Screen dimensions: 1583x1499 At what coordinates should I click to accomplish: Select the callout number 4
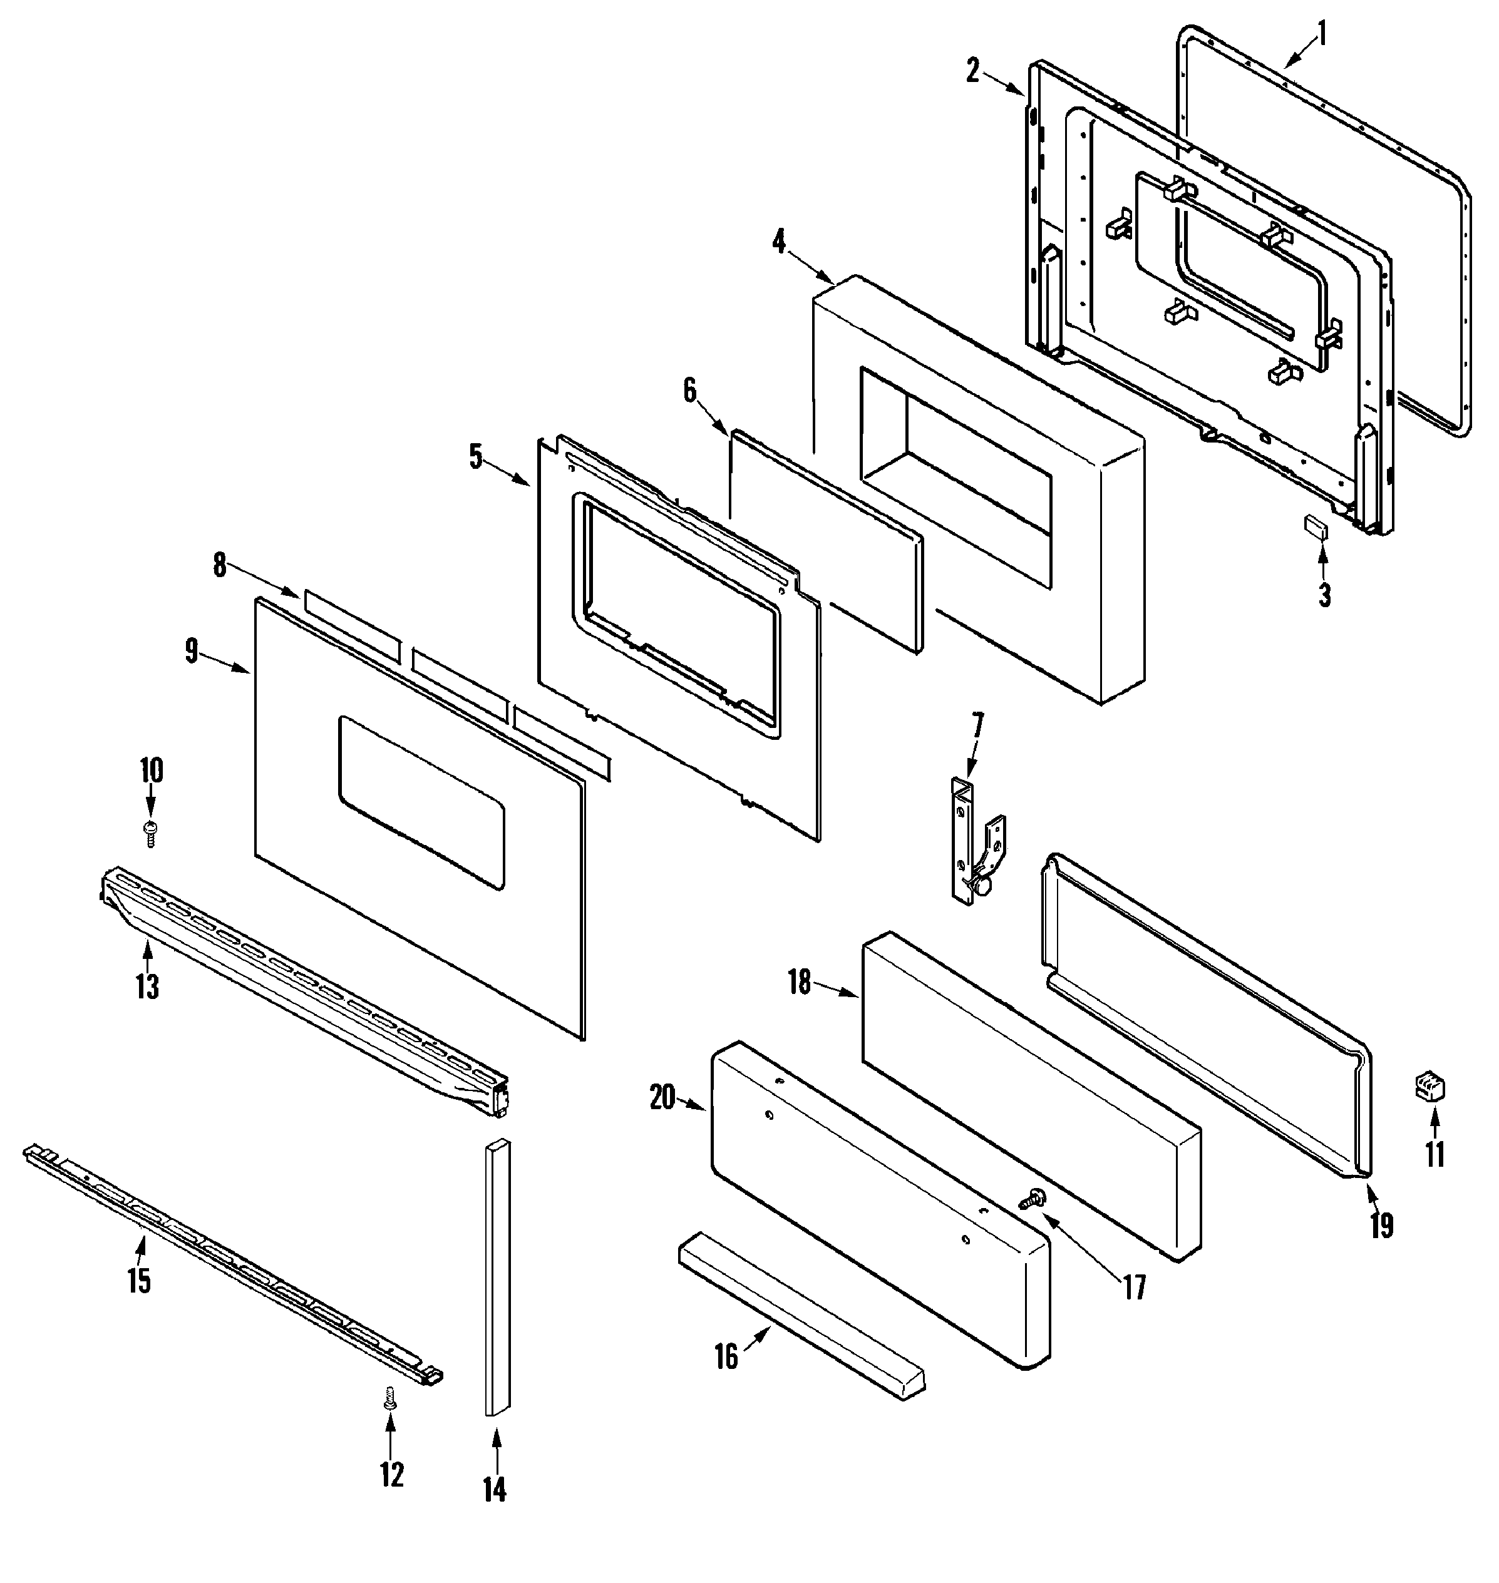pos(779,240)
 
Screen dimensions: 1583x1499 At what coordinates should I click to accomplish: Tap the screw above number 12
pos(391,1418)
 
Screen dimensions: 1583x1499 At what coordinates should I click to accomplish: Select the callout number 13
pos(148,987)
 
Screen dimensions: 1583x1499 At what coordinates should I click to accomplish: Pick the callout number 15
pos(138,1280)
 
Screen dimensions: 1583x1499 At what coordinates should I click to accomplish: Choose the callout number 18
pos(799,981)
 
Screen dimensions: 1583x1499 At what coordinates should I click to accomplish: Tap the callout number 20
pos(662,1098)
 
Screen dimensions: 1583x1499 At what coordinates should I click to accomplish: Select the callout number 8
pos(220,565)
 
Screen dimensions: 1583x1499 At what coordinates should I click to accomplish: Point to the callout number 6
pos(689,390)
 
